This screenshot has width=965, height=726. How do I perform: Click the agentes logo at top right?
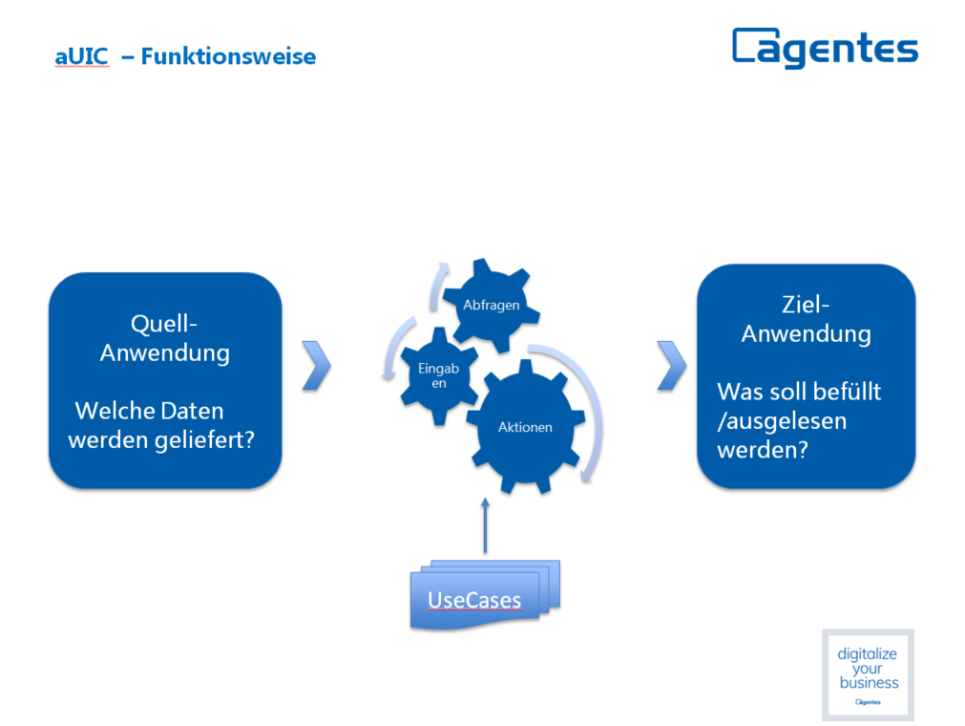pos(825,48)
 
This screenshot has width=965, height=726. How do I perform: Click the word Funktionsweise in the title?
pos(228,56)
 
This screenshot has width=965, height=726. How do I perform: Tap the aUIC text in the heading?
pos(82,56)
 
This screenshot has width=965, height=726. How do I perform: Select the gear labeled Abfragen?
pos(492,306)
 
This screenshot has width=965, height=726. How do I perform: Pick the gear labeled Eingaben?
pos(439,375)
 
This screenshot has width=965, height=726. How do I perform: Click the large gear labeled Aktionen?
pos(525,427)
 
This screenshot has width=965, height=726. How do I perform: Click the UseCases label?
pos(473,600)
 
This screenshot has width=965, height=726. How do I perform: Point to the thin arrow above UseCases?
pos(485,524)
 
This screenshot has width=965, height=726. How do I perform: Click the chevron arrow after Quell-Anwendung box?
pos(316,365)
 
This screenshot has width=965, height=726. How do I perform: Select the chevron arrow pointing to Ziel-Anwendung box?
pos(671,365)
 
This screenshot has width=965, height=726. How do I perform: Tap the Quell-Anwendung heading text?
pos(164,338)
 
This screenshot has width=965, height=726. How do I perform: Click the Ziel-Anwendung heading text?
pos(806,319)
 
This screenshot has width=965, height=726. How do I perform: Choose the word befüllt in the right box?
pos(846,392)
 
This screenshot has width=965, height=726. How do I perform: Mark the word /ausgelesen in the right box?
pos(782,421)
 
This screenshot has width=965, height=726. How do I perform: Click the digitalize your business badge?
pos(868,674)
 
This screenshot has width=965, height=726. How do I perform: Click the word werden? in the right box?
pos(763,450)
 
